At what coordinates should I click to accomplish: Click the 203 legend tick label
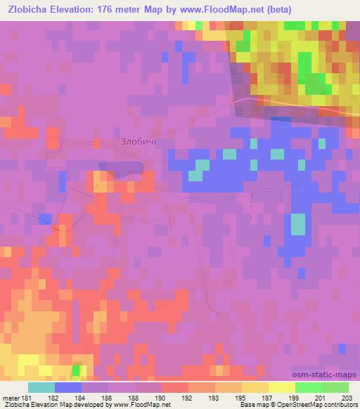[347, 398]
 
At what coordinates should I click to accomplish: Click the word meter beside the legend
[10, 398]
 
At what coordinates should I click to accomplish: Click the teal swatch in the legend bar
[41, 387]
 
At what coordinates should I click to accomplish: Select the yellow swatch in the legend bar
[281, 387]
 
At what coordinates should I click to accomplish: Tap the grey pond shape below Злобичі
[123, 169]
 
